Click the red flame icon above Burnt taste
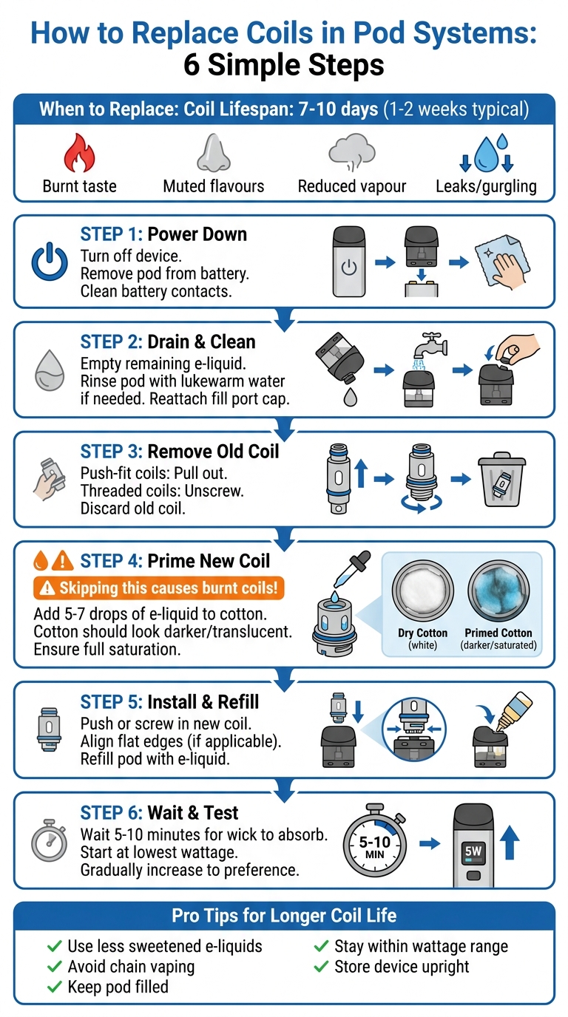coord(80,152)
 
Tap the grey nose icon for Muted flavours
coord(213,152)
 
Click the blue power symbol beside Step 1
coord(50,262)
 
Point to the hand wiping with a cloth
coord(502,262)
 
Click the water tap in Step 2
coord(430,346)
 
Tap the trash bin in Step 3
coord(501,479)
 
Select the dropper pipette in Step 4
coord(352,570)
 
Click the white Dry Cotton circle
coord(422,591)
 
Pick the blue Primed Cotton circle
coord(498,591)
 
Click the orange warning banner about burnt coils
coord(158,588)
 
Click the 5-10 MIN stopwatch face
coord(374,846)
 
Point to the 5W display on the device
coord(473,851)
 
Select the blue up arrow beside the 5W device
coord(510,843)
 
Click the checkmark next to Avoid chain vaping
coord(54,967)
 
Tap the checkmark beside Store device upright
coord(321,967)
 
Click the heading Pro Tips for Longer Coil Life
coord(284,916)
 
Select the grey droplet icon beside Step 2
coord(50,370)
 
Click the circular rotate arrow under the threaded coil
coord(422,503)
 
